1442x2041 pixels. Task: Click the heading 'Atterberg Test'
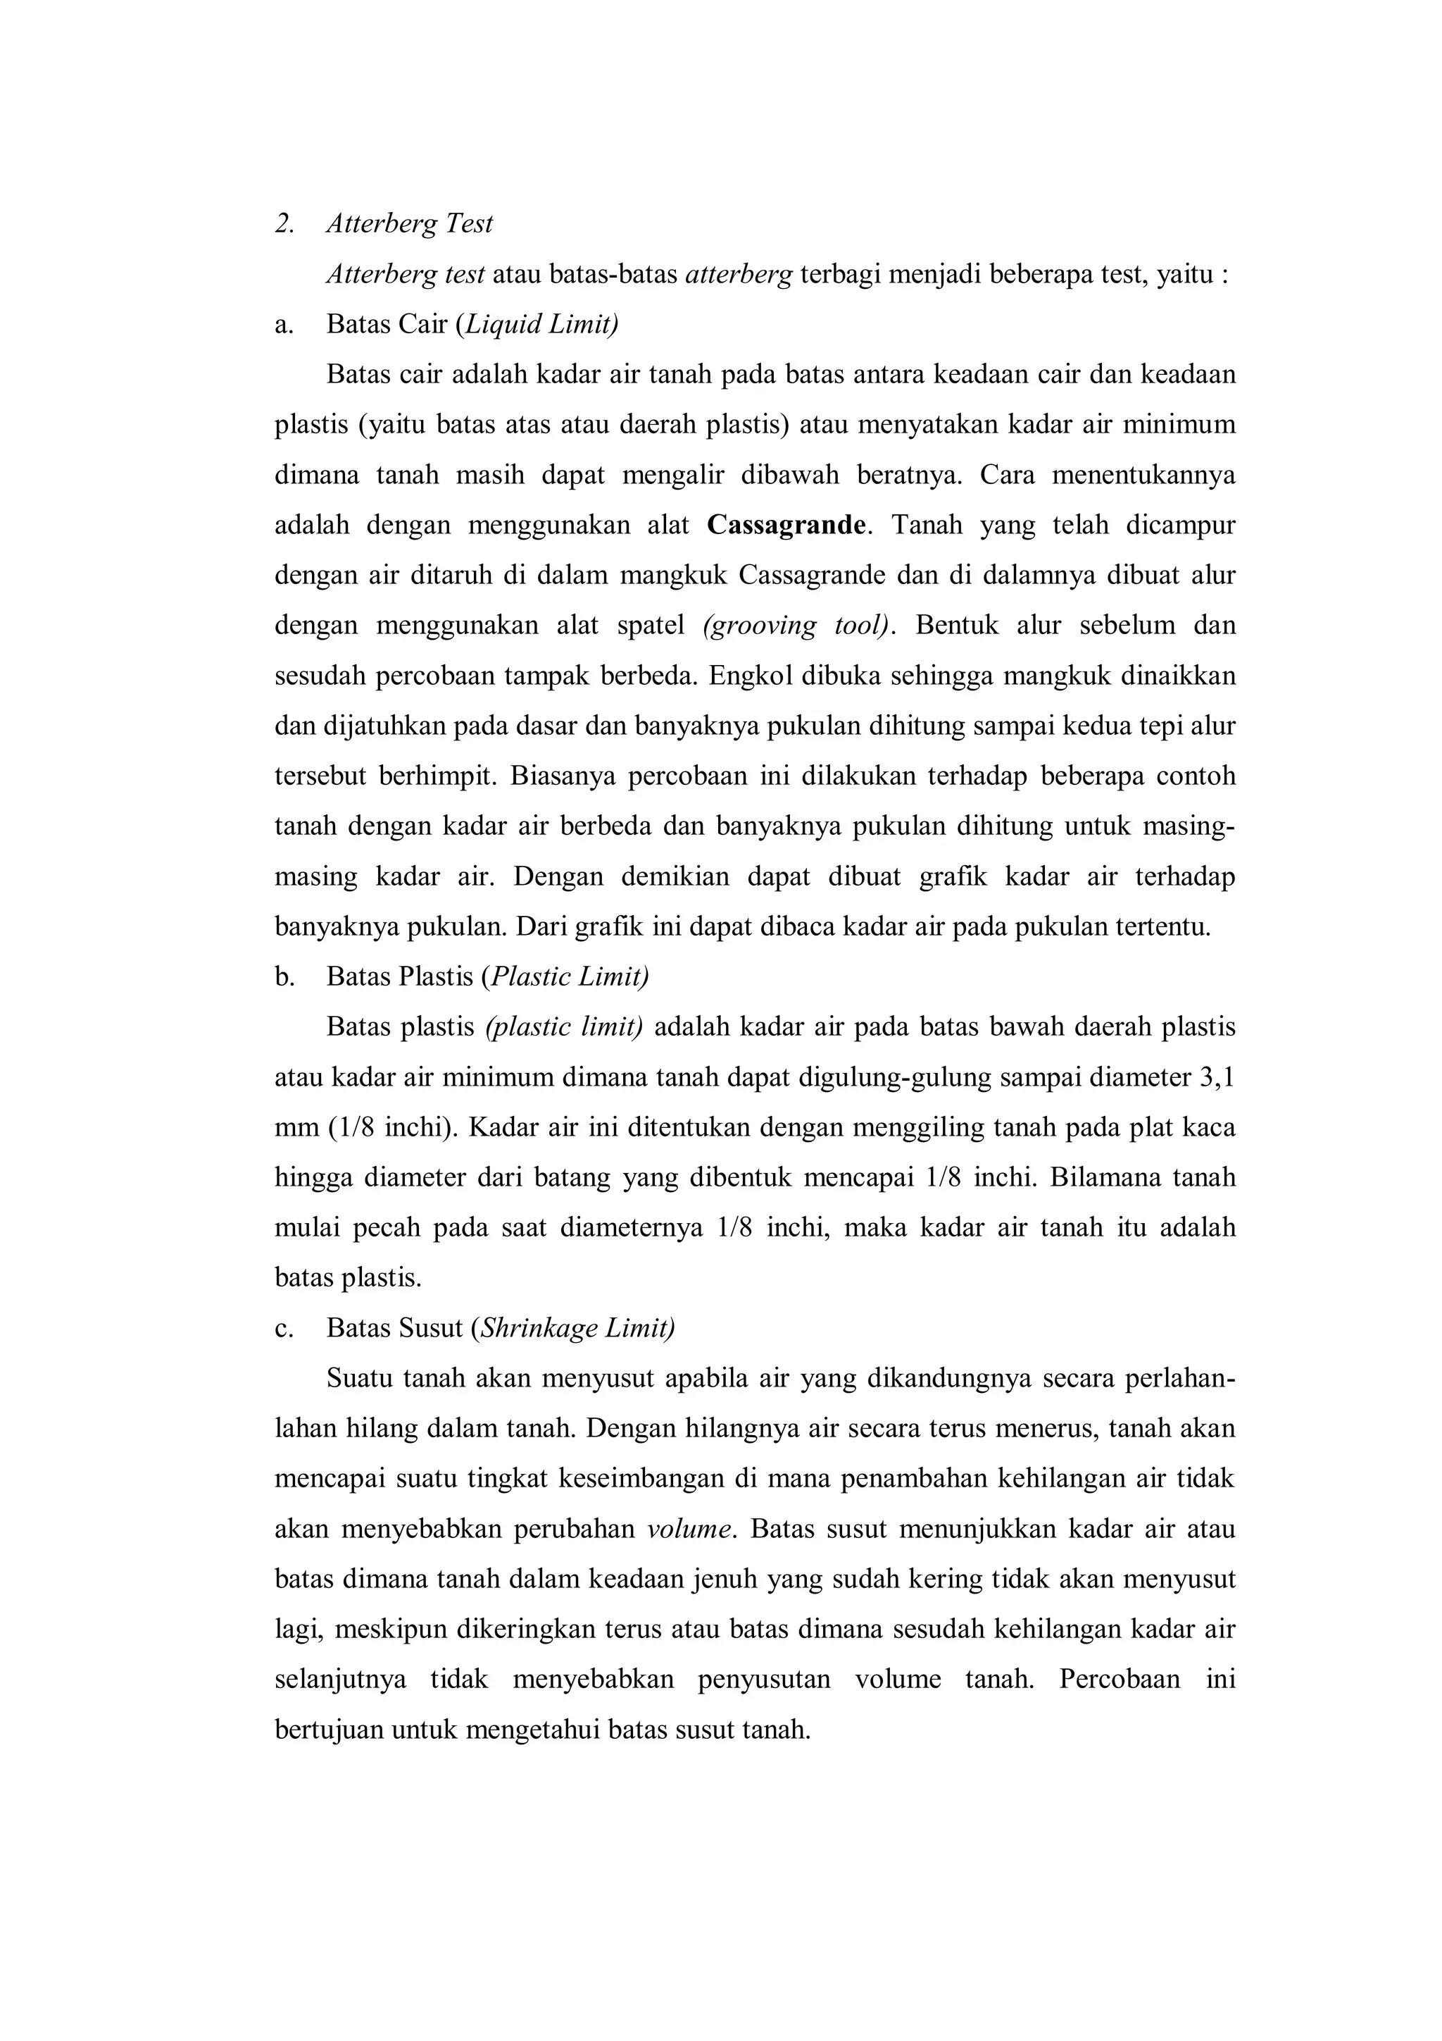point(408,224)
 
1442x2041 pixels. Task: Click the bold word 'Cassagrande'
point(786,526)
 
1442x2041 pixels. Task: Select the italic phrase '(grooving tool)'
point(795,626)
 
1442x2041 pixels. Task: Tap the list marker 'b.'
point(284,977)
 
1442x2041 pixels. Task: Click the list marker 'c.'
point(284,1328)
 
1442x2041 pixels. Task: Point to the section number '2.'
point(285,224)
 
